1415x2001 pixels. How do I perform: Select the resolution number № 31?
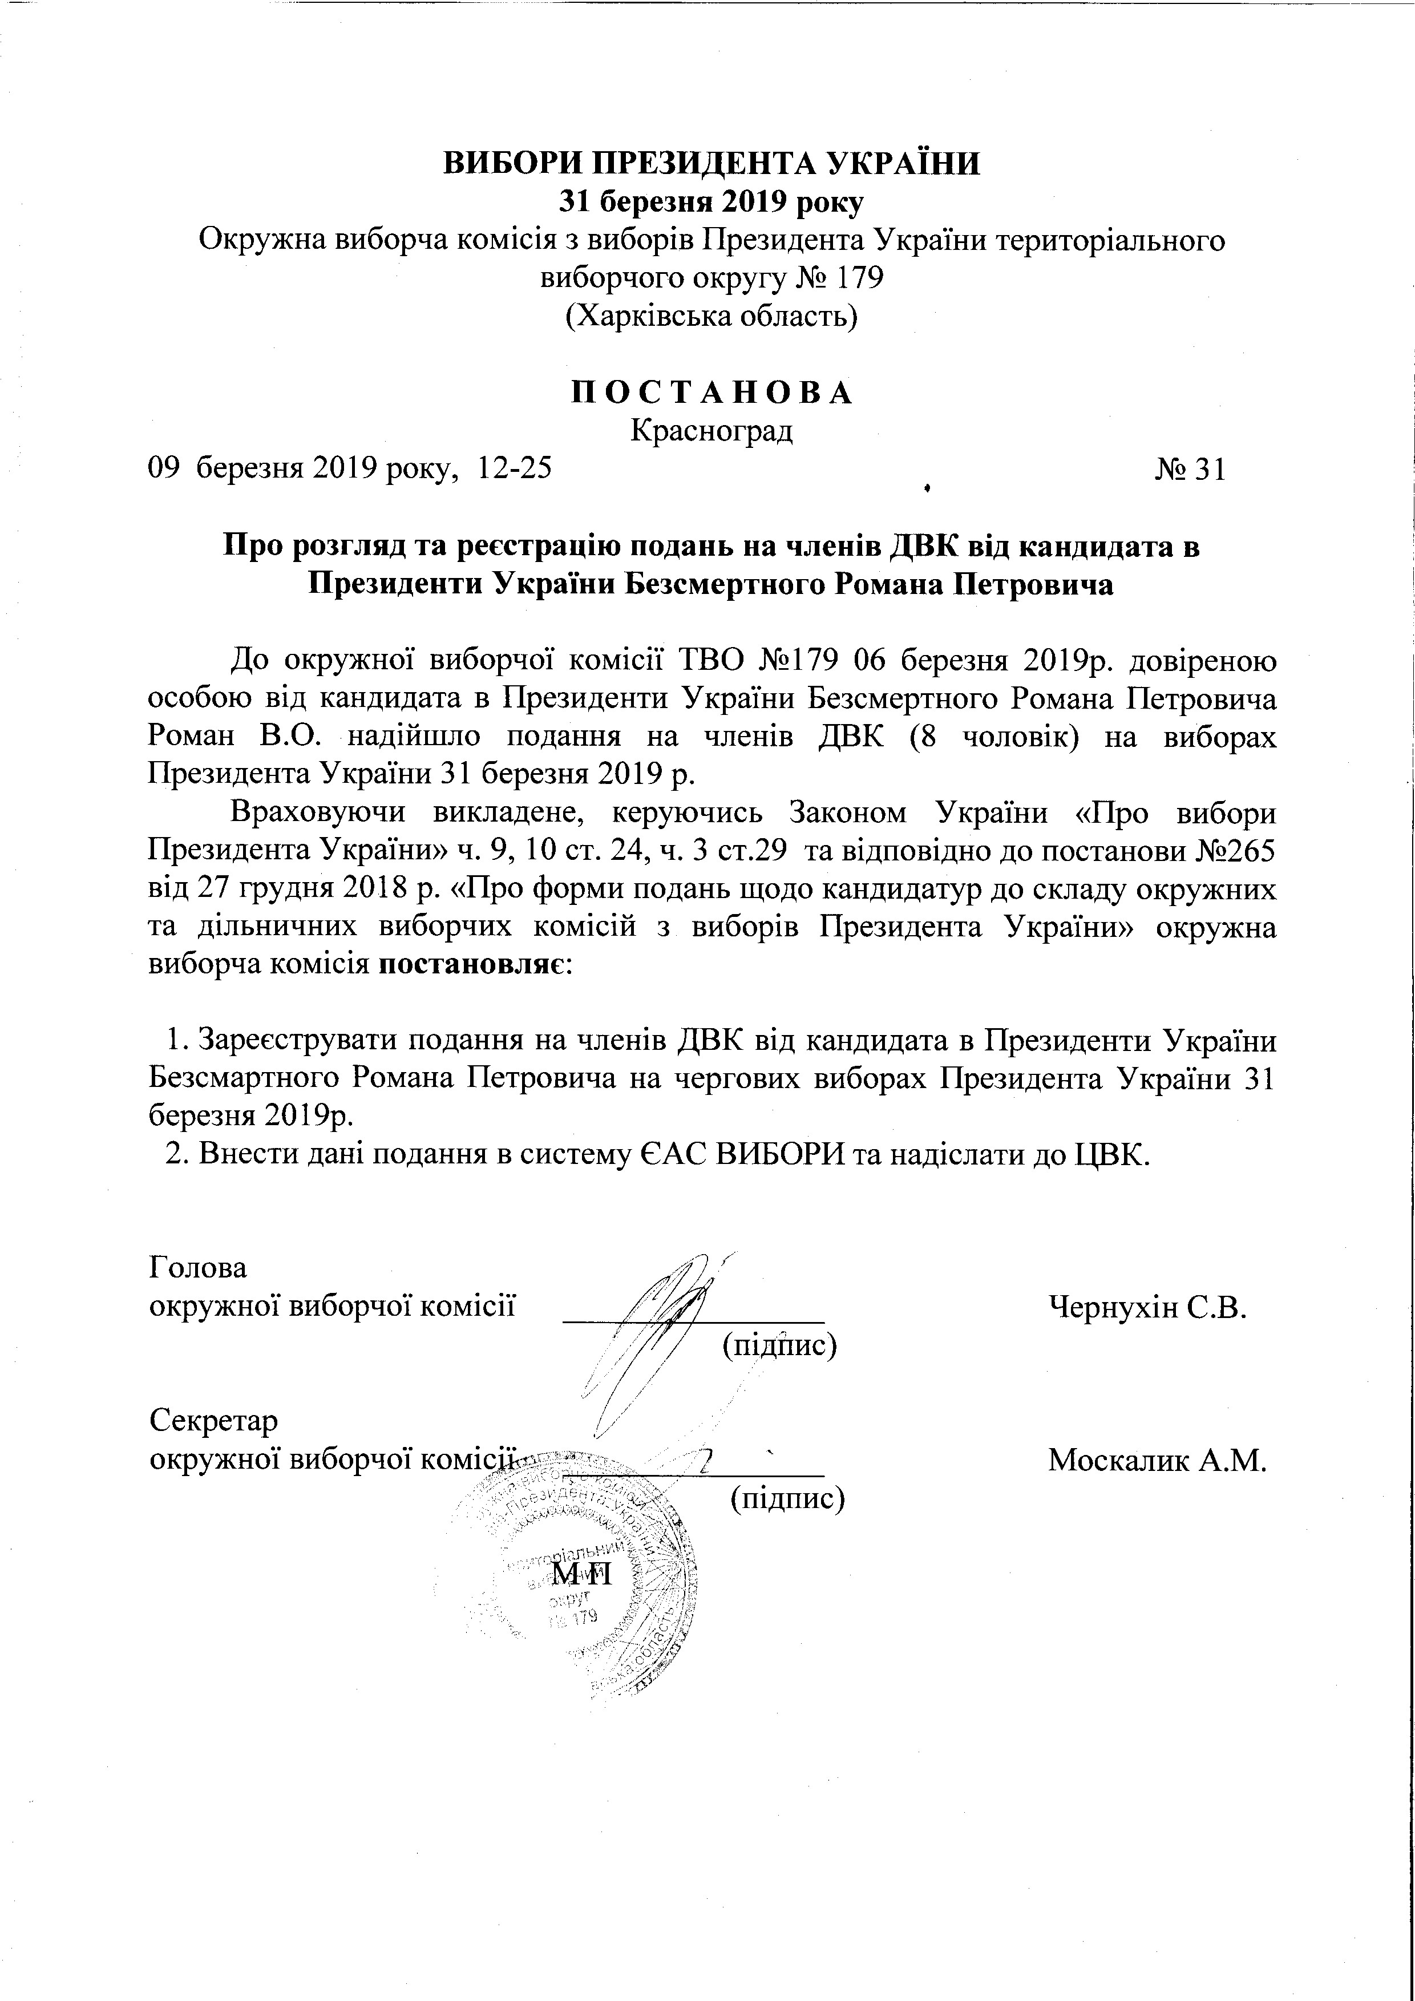coord(1190,470)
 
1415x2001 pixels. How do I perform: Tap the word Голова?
coord(198,1267)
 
